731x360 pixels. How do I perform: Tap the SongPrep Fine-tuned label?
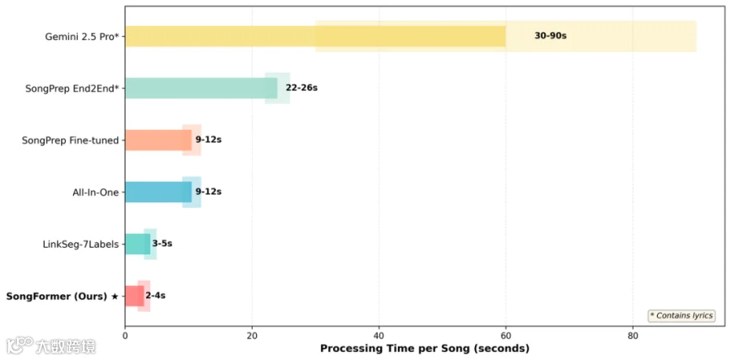[71, 140]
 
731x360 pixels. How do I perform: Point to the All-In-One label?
[93, 192]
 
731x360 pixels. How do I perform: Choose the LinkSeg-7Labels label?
[80, 244]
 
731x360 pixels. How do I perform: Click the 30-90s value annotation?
[550, 36]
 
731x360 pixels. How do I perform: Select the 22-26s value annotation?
[301, 88]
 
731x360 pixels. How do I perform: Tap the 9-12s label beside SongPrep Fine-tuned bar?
[208, 140]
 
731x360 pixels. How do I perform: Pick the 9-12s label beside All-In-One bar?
[208, 191]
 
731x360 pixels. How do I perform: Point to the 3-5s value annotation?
[162, 244]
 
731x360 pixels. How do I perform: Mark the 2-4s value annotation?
[155, 295]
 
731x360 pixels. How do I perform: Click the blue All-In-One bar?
[158, 192]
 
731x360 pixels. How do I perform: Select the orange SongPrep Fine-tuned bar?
[158, 141]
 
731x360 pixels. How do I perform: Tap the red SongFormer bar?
[134, 296]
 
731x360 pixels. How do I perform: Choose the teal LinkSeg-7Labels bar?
[137, 244]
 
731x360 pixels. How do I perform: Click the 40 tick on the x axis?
[379, 336]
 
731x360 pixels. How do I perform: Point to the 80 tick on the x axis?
[633, 336]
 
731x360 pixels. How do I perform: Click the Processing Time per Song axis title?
[425, 349]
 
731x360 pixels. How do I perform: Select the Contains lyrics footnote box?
[681, 315]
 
